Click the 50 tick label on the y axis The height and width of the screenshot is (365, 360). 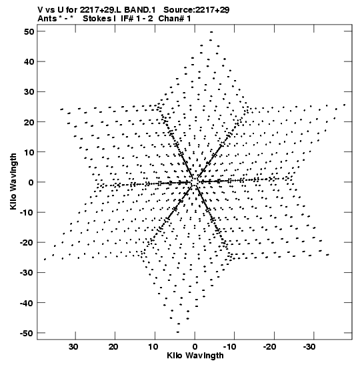coord(29,31)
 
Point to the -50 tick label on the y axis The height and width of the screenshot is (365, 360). coord(27,333)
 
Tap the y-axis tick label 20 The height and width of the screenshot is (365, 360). coord(29,122)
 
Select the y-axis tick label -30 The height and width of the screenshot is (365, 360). coord(27,273)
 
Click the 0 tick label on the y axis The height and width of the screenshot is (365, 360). coord(31,182)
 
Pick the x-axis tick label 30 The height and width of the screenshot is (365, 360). coord(73,347)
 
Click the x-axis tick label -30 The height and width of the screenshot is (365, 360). coord(309,347)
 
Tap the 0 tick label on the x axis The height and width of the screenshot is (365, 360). coord(195,347)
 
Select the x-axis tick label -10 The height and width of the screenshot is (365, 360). coord(230,347)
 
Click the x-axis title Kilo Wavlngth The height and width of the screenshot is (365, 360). coord(195,356)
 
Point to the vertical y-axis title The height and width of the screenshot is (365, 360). coord(13,181)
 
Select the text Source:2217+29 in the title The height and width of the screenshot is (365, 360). coord(197,10)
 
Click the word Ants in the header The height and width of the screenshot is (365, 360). coord(47,19)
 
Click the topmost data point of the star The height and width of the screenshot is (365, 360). coord(211,32)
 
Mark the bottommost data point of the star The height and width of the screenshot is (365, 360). coord(178,332)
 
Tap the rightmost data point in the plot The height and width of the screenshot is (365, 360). coord(345,105)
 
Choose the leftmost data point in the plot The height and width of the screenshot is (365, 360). coord(45,259)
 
